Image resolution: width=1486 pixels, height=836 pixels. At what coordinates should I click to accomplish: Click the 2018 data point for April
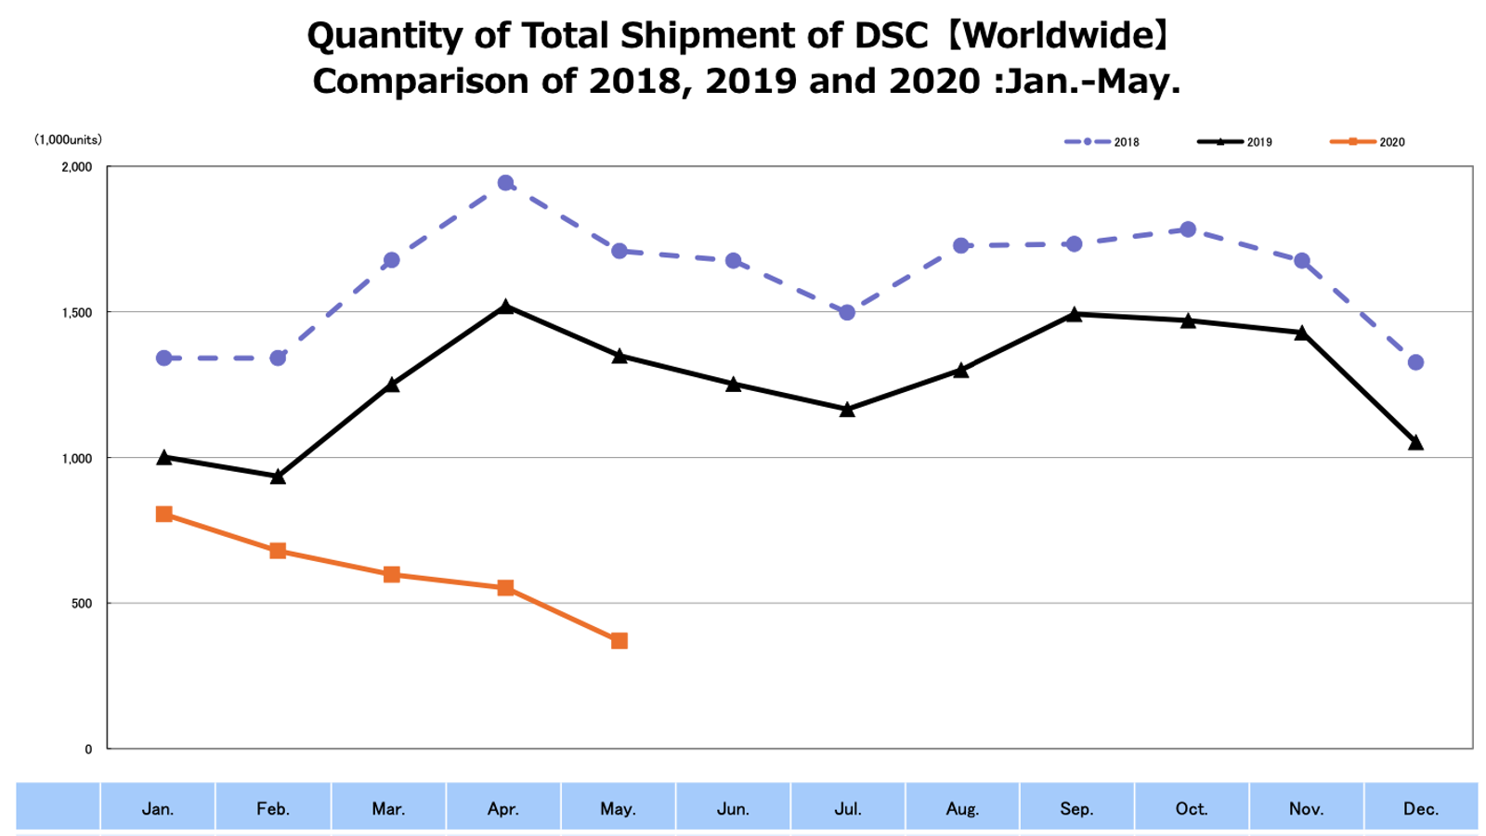click(505, 183)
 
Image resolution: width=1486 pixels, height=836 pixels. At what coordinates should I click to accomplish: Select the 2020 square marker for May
click(619, 641)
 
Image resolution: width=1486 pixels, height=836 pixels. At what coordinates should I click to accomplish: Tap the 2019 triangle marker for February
click(278, 477)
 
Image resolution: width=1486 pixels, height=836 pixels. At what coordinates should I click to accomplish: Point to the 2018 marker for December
click(1415, 362)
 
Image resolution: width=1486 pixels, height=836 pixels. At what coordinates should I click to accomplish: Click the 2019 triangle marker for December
click(1415, 443)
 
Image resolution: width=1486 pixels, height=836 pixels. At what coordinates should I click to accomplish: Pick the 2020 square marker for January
click(164, 515)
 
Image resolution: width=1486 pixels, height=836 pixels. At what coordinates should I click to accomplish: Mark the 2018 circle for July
click(847, 313)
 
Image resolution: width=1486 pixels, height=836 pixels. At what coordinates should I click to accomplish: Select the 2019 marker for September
click(1075, 314)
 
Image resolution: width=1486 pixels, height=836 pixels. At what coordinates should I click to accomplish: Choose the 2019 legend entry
click(1234, 142)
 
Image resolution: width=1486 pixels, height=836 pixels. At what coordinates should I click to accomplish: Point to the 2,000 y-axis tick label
click(77, 167)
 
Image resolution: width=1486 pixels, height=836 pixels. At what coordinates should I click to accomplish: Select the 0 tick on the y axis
click(88, 749)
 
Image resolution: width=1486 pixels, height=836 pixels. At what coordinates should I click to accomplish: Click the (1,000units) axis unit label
click(68, 140)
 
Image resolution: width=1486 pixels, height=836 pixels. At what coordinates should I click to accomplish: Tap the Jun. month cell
click(733, 808)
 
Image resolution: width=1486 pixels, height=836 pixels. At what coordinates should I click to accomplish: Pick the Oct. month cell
click(1192, 808)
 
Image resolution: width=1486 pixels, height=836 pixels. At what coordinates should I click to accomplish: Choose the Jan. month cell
click(158, 808)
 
